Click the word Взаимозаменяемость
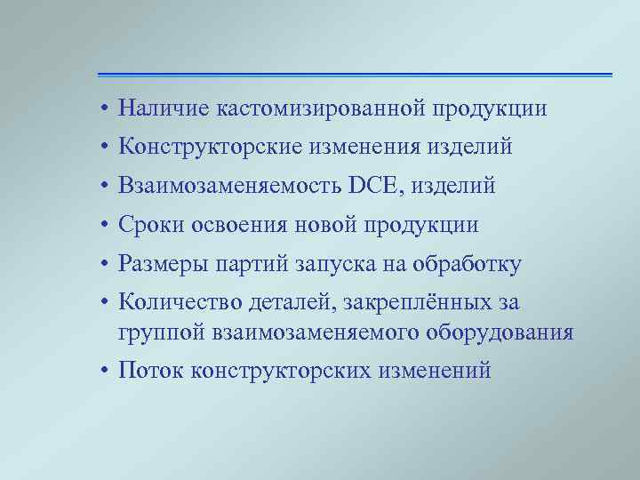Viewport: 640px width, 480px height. (231, 187)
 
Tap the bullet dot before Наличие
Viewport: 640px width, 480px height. (104, 109)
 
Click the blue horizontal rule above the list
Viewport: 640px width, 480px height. (356, 74)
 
